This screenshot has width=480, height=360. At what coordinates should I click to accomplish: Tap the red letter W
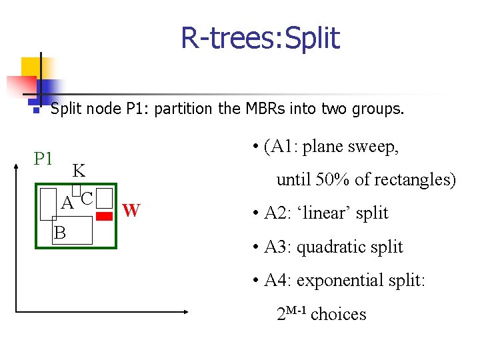click(131, 211)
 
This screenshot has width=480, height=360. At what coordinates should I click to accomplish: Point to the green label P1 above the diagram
click(43, 159)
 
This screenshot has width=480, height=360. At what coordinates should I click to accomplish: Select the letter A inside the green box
click(67, 202)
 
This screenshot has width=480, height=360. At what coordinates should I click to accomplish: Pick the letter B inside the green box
click(60, 233)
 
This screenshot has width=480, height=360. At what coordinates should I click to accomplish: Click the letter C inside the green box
click(86, 197)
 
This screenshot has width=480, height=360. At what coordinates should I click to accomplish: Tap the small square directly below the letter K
click(76, 189)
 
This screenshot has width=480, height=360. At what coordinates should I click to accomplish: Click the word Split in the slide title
click(307, 38)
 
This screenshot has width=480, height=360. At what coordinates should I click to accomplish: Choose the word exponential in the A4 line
click(341, 280)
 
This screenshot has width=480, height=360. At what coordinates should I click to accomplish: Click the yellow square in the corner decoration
click(31, 67)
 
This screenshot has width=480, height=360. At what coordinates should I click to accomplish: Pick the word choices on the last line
click(339, 314)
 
